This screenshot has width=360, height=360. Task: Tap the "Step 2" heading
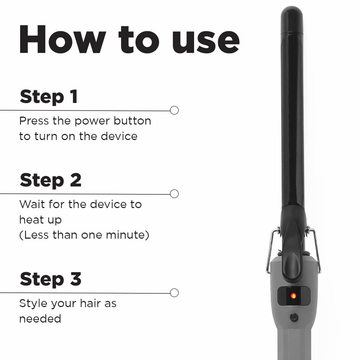[50, 180]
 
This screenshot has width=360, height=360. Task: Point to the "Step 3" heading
[50, 279]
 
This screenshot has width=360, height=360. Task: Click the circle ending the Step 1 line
[174, 111]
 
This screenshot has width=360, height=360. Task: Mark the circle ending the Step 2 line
[174, 194]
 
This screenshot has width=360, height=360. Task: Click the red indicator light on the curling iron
[293, 296]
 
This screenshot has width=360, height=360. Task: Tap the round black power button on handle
[294, 317]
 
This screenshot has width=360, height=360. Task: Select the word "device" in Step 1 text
[119, 136]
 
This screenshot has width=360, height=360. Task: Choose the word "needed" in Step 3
[40, 319]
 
